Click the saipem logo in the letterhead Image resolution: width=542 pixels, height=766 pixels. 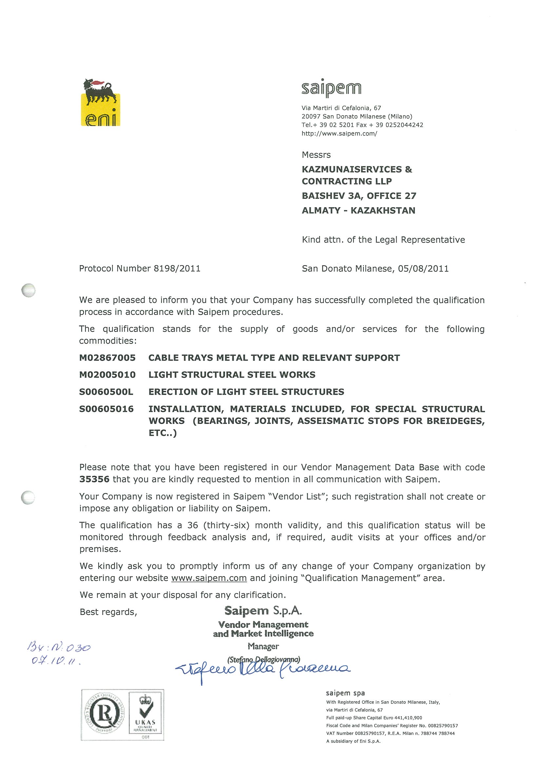click(x=331, y=88)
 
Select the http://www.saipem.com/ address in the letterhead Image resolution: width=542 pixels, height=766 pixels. click(x=339, y=134)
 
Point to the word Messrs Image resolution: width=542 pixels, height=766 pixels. click(x=316, y=155)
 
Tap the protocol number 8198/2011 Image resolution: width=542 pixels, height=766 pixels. click(x=177, y=268)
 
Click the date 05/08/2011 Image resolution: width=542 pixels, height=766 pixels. click(x=423, y=268)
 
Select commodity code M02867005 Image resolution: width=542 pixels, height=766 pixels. click(x=107, y=358)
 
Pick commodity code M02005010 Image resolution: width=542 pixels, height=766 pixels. click(x=107, y=375)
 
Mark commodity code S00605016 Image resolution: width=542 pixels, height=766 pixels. click(x=106, y=409)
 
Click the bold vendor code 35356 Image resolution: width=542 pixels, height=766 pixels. click(x=94, y=479)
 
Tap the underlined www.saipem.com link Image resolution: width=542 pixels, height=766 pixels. click(x=209, y=578)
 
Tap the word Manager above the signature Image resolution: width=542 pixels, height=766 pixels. click(x=263, y=646)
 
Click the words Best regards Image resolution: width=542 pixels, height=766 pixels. click(x=108, y=612)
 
